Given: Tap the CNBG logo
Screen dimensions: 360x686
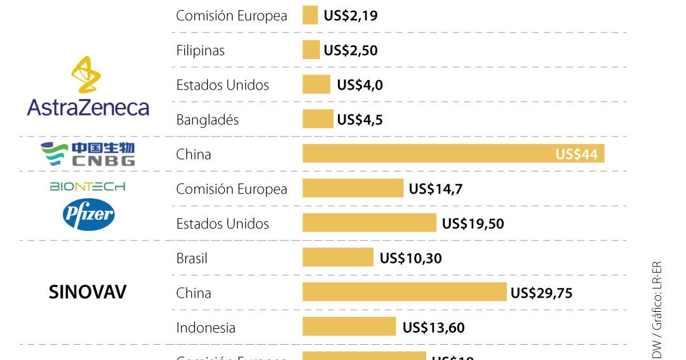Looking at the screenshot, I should tap(88, 154).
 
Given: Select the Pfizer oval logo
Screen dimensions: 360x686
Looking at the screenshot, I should tap(88, 215).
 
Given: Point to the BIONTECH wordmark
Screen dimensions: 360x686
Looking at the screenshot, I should tap(88, 187).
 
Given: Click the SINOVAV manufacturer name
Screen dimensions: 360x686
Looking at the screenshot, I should tap(88, 292).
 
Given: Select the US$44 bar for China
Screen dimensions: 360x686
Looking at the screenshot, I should tap(453, 154).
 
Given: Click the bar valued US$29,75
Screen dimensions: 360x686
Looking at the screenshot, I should tap(405, 292).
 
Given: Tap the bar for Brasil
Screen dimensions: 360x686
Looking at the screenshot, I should tap(337, 258).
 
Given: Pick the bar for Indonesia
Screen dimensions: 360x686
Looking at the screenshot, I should tap(349, 327).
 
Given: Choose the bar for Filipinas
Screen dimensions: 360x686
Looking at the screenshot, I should tap(311, 50).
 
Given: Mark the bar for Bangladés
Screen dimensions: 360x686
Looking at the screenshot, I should tap(318, 119).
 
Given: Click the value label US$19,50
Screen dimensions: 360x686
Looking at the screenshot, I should tap(473, 223).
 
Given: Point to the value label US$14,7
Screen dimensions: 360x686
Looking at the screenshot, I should tap(436, 189).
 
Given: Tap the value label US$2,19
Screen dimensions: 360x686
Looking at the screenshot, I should tap(351, 15).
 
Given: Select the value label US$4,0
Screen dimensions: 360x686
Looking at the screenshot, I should tap(360, 85).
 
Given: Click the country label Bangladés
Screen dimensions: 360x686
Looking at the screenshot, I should tap(207, 120).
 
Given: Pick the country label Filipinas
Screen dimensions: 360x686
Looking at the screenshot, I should tap(200, 50).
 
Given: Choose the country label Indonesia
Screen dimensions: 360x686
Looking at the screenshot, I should tap(205, 328).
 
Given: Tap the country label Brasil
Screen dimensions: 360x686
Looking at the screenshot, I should tap(192, 258).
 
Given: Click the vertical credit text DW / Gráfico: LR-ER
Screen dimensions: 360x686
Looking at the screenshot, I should tap(657, 309).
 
